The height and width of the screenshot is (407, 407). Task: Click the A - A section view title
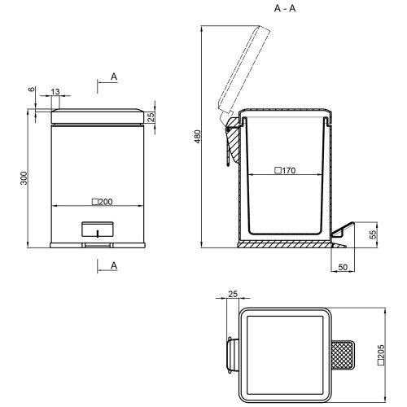click(x=285, y=8)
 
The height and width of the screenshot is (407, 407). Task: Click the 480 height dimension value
click(x=198, y=137)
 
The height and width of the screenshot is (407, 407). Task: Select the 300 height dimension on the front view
click(x=24, y=178)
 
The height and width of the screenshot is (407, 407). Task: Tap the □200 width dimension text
click(x=103, y=202)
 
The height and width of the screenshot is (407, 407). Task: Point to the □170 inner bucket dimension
click(x=285, y=170)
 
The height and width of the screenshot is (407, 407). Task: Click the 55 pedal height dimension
click(x=374, y=234)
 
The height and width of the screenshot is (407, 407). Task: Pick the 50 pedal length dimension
click(x=343, y=267)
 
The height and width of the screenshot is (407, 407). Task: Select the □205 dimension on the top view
click(x=381, y=355)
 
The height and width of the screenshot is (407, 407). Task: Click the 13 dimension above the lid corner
click(x=55, y=92)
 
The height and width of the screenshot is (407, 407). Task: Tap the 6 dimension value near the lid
click(x=32, y=89)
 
